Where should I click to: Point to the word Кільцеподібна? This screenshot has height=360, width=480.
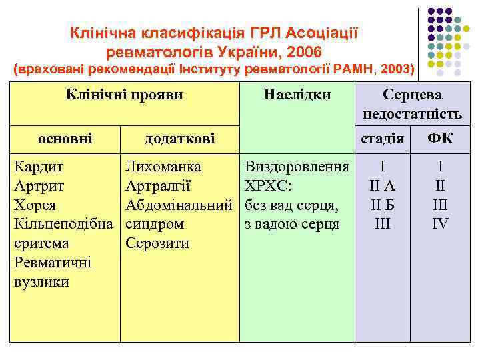(x=64, y=224)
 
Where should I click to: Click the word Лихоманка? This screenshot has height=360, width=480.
(x=164, y=166)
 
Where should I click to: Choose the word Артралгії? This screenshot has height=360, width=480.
(x=159, y=185)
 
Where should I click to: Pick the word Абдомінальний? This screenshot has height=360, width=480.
(x=179, y=205)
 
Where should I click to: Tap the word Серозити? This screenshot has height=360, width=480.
(x=157, y=243)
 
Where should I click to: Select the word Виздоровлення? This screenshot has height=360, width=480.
(x=297, y=166)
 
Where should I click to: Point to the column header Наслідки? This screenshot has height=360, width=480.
(x=297, y=95)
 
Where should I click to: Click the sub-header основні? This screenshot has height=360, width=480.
(x=65, y=138)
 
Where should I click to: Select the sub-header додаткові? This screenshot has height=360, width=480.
(x=180, y=138)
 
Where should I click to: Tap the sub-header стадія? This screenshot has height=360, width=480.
(x=382, y=139)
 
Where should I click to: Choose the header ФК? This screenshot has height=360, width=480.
(x=439, y=138)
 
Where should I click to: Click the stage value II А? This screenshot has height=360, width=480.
(x=382, y=185)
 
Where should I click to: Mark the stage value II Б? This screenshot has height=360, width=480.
(x=382, y=205)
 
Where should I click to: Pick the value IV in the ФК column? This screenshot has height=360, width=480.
(x=440, y=224)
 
